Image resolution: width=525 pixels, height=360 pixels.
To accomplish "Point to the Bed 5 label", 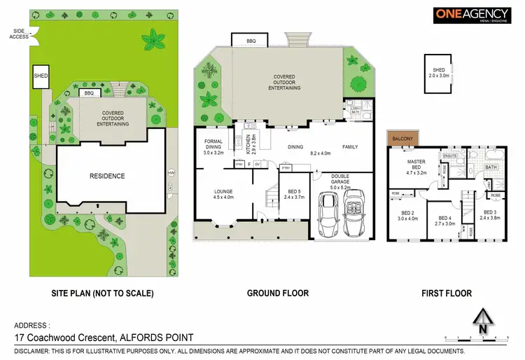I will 293,194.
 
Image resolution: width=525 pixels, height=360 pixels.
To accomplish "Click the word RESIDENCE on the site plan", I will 107,176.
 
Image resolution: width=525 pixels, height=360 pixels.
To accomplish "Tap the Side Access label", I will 19,33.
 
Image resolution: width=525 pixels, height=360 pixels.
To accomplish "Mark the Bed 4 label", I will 445,221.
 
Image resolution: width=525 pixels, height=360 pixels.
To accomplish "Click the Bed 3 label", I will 489,215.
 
